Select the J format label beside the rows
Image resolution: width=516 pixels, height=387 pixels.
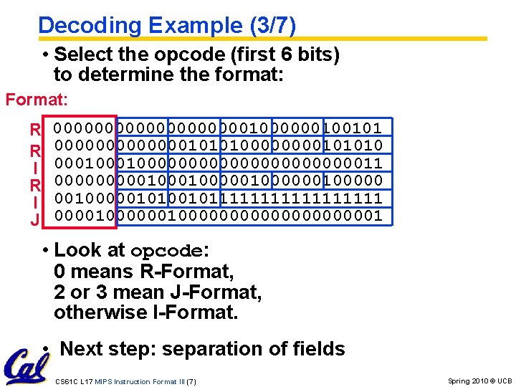click(x=34, y=221)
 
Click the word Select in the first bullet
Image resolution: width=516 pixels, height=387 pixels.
click(x=79, y=54)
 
